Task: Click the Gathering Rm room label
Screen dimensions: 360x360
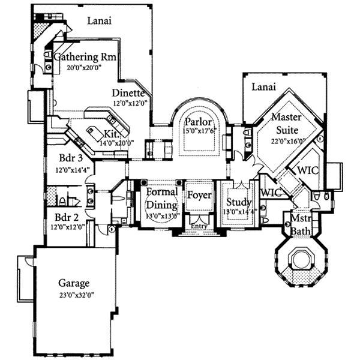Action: pyautogui.click(x=86, y=57)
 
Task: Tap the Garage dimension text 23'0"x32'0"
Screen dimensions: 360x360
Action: pyautogui.click(x=77, y=295)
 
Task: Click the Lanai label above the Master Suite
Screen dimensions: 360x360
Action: pyautogui.click(x=263, y=87)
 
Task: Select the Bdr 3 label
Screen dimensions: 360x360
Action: pyautogui.click(x=71, y=159)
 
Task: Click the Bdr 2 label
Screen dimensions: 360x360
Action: pyautogui.click(x=67, y=217)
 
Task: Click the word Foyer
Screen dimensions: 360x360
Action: pyautogui.click(x=198, y=195)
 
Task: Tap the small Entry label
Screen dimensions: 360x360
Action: pyautogui.click(x=198, y=226)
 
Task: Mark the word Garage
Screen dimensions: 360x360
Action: pyautogui.click(x=74, y=283)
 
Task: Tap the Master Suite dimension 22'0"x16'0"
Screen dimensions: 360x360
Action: pyautogui.click(x=289, y=142)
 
